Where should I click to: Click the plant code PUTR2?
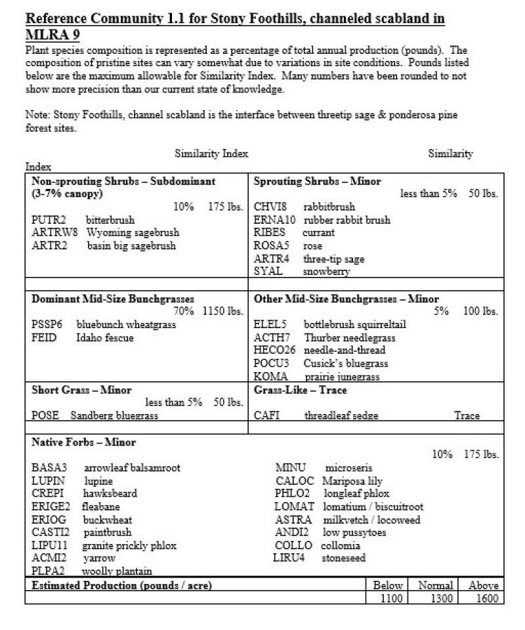click(46, 220)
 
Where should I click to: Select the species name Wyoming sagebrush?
click(133, 232)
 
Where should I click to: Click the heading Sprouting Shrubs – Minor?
click(317, 180)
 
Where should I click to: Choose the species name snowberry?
click(326, 271)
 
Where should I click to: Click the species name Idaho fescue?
click(105, 337)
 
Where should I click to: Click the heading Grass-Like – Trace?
click(301, 390)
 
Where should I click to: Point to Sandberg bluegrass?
click(114, 415)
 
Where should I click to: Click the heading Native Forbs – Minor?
click(84, 442)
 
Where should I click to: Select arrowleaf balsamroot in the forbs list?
click(132, 468)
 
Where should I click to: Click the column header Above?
click(483, 585)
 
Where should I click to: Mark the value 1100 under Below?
click(387, 598)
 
